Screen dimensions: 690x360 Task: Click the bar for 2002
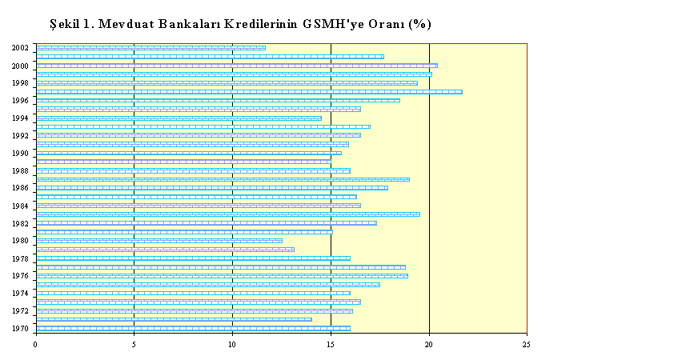coord(151,48)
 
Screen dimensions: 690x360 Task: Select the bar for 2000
coord(237,66)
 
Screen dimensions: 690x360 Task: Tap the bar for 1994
coord(179,118)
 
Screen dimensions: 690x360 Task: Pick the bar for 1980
coord(159,241)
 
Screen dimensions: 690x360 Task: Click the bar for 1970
coord(193,328)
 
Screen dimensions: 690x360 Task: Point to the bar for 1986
coord(212,188)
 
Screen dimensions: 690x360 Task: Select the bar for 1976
coord(223,276)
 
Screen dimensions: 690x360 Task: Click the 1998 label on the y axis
coord(20,83)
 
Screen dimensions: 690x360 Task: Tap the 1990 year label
coord(20,154)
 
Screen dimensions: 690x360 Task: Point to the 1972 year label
coord(20,311)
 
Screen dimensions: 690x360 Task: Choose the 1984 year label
coord(20,206)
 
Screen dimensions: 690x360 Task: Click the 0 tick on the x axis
coord(35,345)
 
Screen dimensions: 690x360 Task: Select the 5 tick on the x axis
coord(134,345)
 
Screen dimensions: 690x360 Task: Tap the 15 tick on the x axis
coord(331,345)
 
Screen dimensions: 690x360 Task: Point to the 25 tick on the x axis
coord(527,345)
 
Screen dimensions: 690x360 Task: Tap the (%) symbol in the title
coord(419,24)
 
